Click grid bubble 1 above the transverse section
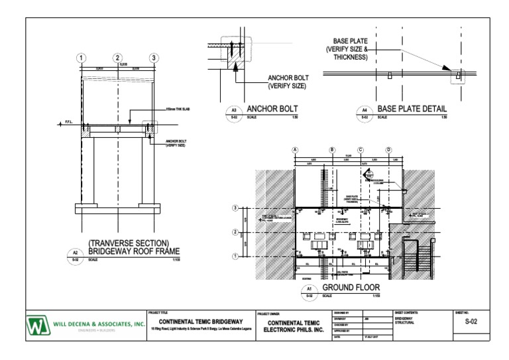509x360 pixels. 81,58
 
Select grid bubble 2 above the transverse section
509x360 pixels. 118,58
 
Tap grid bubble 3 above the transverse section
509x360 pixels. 154,58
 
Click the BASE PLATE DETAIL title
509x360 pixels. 412,109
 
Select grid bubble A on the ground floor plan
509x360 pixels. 296,150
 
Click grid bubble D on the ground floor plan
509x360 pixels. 389,150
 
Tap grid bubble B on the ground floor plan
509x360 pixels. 333,150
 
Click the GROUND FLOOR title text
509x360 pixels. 352,289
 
